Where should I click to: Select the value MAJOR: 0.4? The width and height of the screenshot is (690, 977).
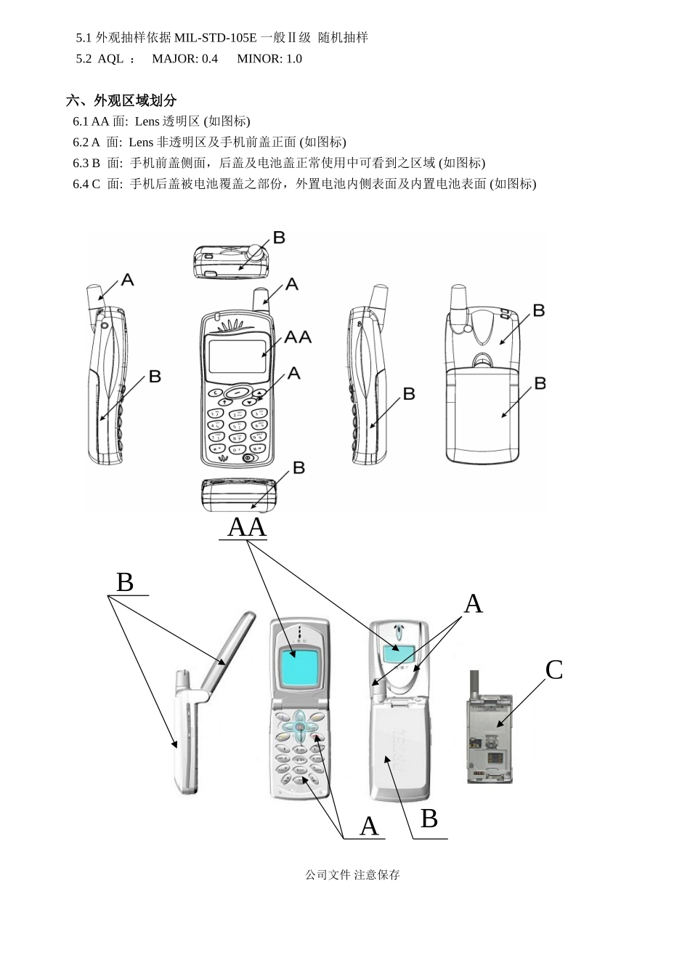click(x=184, y=59)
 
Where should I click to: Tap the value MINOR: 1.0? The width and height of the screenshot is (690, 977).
click(x=269, y=59)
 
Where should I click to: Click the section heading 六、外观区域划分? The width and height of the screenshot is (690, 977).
click(x=121, y=100)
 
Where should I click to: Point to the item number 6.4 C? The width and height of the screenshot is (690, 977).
click(x=86, y=184)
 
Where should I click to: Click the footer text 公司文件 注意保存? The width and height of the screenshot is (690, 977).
click(x=353, y=875)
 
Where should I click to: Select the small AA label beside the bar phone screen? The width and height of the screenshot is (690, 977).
click(x=298, y=337)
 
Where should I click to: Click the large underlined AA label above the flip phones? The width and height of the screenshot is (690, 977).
click(x=247, y=527)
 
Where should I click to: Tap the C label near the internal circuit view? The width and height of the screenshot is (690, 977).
click(x=553, y=670)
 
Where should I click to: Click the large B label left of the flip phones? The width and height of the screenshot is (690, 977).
click(x=125, y=583)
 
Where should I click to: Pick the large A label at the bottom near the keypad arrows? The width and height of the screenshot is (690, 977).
click(x=369, y=827)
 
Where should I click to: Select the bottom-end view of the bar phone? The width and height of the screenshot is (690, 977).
click(x=239, y=496)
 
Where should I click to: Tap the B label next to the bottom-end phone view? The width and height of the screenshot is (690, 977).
click(x=299, y=469)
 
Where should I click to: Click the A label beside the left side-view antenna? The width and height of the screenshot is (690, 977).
click(x=127, y=280)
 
